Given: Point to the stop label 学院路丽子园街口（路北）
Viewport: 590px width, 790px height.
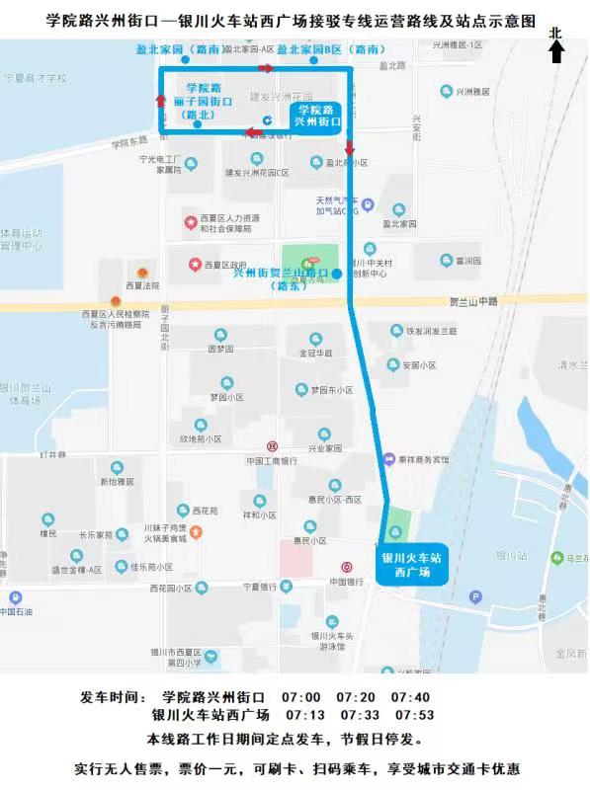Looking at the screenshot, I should [204, 102].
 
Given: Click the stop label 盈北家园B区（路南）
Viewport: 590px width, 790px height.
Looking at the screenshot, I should [330, 48].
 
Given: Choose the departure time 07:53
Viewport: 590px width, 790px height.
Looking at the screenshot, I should [414, 715].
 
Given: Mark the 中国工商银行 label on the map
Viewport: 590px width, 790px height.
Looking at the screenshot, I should [272, 460].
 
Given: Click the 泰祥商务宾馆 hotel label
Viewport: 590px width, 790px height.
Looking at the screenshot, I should [422, 459].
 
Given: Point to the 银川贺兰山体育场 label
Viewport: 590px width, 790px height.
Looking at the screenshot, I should [30, 394].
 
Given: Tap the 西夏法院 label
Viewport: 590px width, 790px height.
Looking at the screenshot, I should [141, 285].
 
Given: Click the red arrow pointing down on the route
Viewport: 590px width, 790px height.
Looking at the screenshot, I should [350, 146].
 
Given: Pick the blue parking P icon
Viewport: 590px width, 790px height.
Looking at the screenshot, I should [475, 596].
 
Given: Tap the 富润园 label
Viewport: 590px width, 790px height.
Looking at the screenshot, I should [461, 262].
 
